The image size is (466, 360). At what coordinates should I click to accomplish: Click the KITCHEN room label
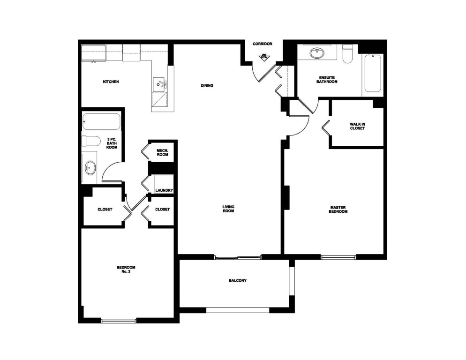coord(111,82)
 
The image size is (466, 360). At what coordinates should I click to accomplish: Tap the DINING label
coord(207,86)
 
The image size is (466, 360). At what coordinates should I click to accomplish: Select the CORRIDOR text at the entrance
coord(263,44)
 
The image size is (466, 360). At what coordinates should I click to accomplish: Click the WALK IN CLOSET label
coord(357,126)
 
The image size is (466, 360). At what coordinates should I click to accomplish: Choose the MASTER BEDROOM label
coord(338,210)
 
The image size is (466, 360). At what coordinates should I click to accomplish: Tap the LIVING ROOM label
coord(228,209)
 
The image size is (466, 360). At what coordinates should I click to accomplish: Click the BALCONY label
coord(238,281)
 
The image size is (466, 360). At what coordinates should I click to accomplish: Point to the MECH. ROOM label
coord(162,152)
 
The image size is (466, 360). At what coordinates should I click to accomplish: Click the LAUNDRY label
coord(165,191)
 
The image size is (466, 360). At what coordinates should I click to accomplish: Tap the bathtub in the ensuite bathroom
coord(373,74)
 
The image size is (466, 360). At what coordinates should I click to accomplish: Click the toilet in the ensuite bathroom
coord(347,54)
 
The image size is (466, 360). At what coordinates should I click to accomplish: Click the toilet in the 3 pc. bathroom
coord(91,141)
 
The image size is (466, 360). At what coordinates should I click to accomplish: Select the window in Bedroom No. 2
coord(119,321)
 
